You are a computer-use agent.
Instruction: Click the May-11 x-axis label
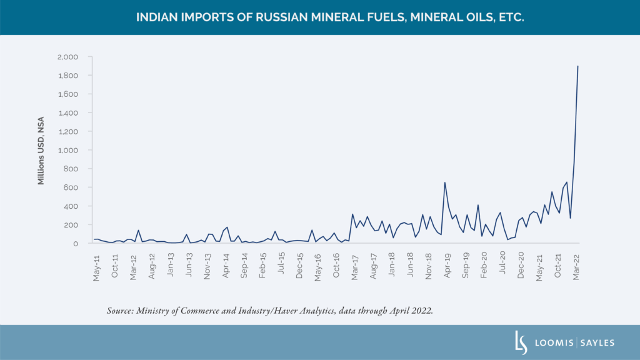click(x=96, y=267)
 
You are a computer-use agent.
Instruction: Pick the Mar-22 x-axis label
click(x=577, y=267)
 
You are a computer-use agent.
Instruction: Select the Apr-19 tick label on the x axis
click(x=447, y=267)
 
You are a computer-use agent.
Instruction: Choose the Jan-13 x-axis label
click(x=170, y=267)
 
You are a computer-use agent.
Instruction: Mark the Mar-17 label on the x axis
click(x=354, y=267)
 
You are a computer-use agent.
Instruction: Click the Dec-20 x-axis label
click(x=521, y=267)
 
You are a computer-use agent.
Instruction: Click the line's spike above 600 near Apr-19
click(x=444, y=183)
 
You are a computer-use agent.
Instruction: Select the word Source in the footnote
click(x=120, y=311)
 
